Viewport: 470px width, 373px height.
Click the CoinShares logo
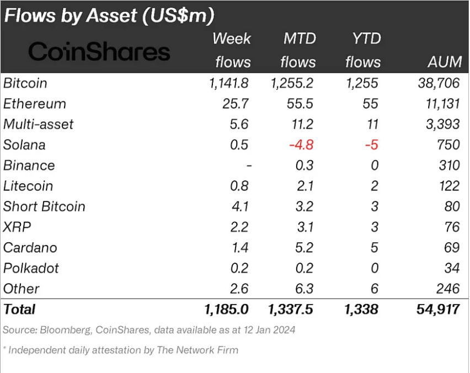99,52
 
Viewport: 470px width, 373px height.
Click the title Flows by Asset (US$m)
109,15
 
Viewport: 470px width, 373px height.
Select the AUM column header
444,61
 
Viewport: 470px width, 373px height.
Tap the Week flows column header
232,50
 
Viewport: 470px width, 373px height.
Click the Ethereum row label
35,104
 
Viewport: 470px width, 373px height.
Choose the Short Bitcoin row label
44,206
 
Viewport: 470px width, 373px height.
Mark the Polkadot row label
31,268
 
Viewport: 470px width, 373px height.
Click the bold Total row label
19,310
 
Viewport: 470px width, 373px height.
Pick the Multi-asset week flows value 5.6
239,124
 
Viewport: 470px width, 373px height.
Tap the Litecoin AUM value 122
447,186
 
